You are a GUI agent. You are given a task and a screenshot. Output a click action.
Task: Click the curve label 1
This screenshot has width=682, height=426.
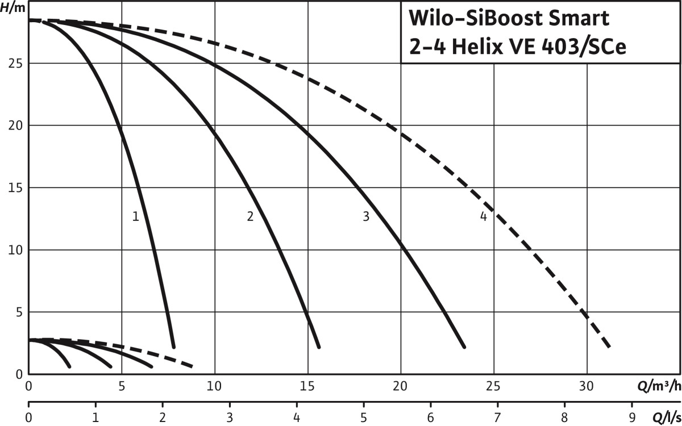pyautogui.click(x=135, y=216)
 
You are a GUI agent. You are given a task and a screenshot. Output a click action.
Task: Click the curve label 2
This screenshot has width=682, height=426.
pyautogui.click(x=250, y=216)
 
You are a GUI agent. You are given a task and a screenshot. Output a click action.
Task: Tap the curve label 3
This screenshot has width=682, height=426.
pyautogui.click(x=366, y=216)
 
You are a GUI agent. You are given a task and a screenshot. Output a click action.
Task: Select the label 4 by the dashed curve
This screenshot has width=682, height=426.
pyautogui.click(x=483, y=216)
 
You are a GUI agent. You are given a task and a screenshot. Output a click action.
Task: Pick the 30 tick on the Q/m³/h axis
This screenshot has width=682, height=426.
pyautogui.click(x=586, y=386)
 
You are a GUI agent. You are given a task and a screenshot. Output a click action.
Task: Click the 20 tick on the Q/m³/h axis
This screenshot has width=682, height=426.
pyautogui.click(x=401, y=386)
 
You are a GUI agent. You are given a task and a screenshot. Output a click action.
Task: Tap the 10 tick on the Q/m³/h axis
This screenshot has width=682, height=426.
pyautogui.click(x=215, y=386)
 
